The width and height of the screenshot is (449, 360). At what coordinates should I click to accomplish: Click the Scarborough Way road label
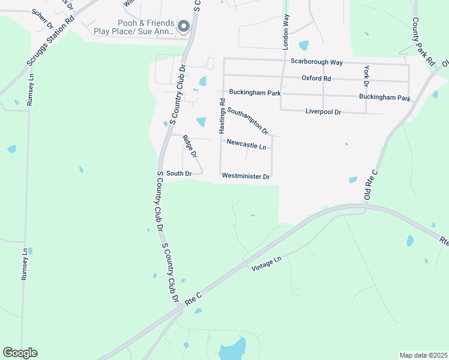click(316, 62)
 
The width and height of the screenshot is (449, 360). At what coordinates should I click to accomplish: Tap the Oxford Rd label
click(316, 79)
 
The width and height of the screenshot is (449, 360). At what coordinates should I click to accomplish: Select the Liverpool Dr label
click(323, 112)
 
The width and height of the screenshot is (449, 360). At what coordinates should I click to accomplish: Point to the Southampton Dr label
click(247, 120)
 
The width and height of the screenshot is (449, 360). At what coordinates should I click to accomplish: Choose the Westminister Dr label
click(246, 176)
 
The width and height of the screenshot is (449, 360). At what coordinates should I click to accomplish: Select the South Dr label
click(178, 173)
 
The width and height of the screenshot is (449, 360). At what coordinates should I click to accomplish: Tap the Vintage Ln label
click(267, 263)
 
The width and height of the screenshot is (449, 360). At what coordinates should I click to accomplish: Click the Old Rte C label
click(370, 184)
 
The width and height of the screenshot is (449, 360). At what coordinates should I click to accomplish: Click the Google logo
click(20, 353)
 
